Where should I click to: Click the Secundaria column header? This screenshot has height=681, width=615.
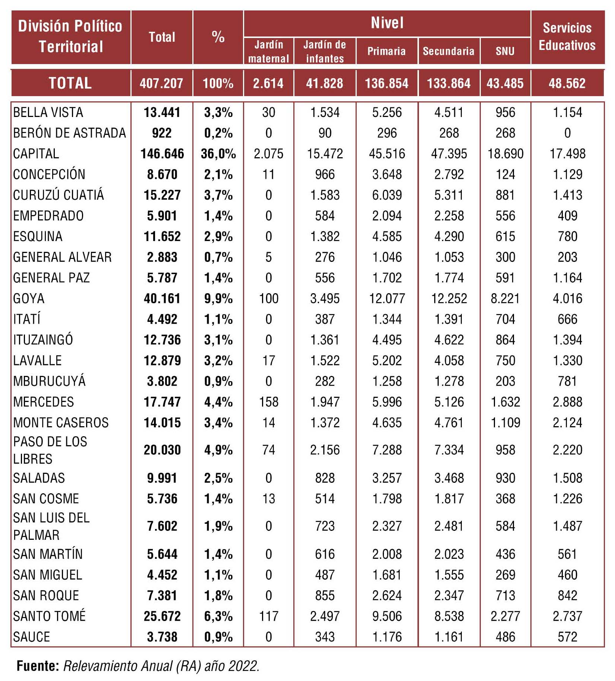pos(448,51)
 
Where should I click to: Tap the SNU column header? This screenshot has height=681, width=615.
pos(505,51)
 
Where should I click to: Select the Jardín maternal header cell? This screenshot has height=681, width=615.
pos(268,51)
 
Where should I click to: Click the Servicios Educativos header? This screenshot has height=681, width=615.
pos(567,37)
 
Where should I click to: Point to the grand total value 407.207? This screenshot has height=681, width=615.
pos(161,83)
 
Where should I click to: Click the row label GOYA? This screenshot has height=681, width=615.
pos(29,298)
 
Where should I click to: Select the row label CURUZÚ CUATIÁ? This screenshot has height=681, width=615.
pos(59,195)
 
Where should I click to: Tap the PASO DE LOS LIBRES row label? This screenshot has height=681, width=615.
pos(50,450)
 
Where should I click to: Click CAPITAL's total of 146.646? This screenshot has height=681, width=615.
pos(162,154)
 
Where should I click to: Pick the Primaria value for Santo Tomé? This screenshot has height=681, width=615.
pos(387,616)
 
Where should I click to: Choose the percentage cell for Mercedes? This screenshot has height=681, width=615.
pos(218,402)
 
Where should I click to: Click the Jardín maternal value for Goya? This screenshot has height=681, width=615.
pos(268,298)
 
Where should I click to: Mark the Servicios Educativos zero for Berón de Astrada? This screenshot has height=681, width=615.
pos(567,133)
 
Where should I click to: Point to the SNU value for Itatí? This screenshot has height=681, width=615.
pos(505,319)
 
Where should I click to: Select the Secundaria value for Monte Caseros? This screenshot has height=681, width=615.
pos(449,423)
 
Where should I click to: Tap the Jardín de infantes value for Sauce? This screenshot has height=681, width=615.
pos(325,637)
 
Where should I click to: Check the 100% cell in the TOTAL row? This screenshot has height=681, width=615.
pos(218,83)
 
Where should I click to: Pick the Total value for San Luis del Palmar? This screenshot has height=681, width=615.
pos(162,526)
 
